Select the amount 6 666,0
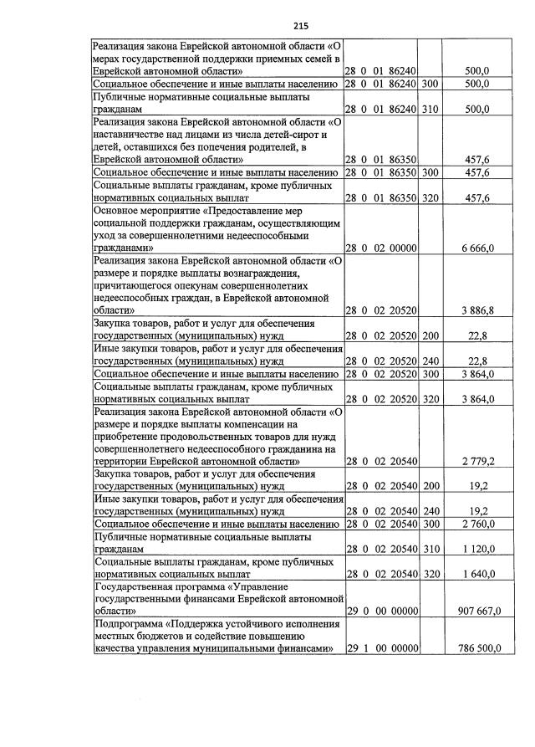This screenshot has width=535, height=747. click(x=480, y=248)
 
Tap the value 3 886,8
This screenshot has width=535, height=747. click(x=481, y=311)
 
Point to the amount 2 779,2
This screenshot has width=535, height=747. click(x=481, y=461)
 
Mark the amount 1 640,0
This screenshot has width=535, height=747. click(x=481, y=574)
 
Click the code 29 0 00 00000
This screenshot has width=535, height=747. click(x=382, y=611)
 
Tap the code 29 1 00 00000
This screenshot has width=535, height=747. click(x=382, y=648)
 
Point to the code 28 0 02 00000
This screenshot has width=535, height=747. click(x=382, y=248)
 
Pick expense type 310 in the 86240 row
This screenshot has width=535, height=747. click(x=431, y=109)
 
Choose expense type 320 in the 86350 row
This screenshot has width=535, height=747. click(x=431, y=197)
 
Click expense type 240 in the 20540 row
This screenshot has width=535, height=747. click(x=431, y=510)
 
